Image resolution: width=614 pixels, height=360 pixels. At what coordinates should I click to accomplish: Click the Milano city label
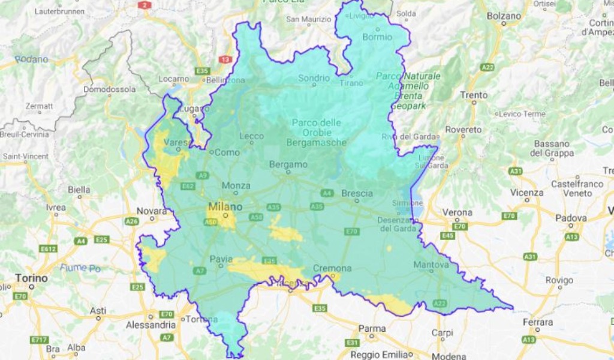point(225,207)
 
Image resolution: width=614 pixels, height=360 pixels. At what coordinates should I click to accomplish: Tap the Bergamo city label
point(288,164)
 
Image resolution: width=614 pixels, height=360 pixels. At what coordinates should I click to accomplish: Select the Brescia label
point(357,193)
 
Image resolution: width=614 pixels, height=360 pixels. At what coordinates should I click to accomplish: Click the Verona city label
point(458,212)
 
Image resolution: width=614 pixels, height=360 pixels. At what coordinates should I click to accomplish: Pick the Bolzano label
point(504,16)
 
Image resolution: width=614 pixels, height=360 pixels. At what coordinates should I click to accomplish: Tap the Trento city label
point(474,95)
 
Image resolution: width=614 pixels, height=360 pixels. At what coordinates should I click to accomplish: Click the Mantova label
point(431,265)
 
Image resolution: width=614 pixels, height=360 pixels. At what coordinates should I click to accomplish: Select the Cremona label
point(332,268)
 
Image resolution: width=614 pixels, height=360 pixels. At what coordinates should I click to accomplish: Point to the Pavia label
point(221,259)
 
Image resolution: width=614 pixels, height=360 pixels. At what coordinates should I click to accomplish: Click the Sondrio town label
point(314,78)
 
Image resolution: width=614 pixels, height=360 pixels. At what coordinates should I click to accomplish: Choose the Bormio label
point(377,37)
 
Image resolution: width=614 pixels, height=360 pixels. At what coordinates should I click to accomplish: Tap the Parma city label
point(372,328)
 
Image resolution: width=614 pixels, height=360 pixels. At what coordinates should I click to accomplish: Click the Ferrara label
point(537,322)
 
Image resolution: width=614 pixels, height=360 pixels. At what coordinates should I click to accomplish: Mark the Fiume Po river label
point(80,268)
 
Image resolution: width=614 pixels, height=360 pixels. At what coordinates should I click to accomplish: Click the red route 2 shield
point(144,5)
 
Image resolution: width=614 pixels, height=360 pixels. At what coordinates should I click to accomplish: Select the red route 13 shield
point(225,59)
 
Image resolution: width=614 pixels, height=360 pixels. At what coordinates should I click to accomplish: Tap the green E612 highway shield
point(48,248)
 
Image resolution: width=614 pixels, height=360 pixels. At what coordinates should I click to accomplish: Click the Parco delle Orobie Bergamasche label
point(317,133)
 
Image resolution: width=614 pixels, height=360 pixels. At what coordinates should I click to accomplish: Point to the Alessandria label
point(151,325)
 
